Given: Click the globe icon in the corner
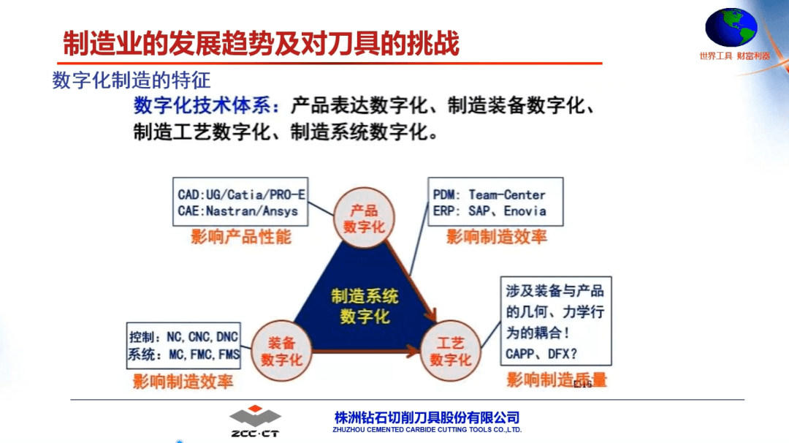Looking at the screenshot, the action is coord(731,27).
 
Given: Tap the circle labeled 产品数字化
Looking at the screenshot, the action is coord(364,218).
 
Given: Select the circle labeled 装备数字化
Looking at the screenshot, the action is coord(281,351).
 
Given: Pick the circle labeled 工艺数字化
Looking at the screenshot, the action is coord(450,351).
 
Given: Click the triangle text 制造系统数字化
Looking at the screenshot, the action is coord(365,306).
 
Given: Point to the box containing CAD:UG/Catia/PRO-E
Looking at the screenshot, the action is coord(240,202).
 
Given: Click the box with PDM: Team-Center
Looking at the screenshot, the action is coord(495,202).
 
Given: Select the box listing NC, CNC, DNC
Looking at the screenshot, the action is coord(183,346).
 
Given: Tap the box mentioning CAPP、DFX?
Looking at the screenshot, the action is coord(556,321).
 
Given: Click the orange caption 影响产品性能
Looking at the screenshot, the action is coord(241,237).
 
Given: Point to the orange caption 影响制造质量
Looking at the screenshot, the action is coord(557,379).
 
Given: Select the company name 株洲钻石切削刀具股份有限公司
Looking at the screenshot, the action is coord(427,417).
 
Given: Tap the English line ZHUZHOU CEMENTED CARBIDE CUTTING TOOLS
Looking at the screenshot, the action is coord(427,430).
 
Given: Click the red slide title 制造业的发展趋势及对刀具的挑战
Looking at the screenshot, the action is coord(261,43).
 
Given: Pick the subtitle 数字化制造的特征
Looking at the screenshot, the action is coord(131,80).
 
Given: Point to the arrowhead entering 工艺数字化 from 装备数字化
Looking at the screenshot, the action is coord(413,351).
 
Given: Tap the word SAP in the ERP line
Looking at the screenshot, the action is coord(479,211).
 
